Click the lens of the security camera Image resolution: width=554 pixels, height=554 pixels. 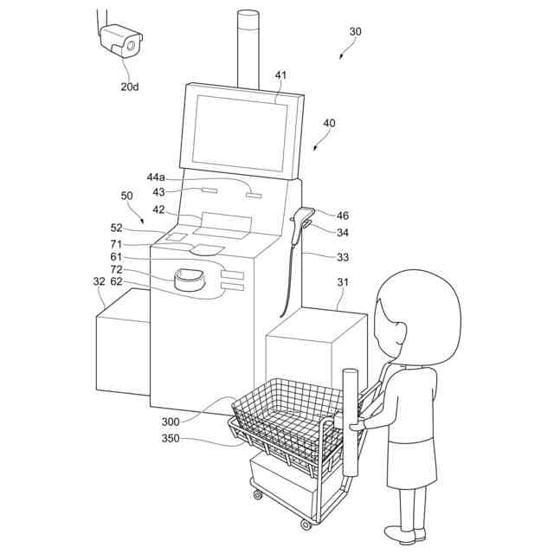(131, 45)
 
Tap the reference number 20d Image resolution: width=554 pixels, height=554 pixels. (130, 87)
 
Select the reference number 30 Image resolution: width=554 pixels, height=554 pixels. (356, 32)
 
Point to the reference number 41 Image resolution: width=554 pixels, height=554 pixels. (280, 75)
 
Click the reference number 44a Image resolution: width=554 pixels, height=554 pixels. (156, 177)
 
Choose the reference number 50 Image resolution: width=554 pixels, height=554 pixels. (126, 196)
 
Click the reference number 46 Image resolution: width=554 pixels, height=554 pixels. (343, 216)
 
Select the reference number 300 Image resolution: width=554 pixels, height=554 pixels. (171, 422)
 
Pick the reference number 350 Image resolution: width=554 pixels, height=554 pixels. (171, 439)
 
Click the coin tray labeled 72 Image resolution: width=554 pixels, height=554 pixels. (190, 280)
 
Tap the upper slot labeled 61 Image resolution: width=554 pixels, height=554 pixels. (232, 274)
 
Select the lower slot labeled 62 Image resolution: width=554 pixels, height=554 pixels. (232, 287)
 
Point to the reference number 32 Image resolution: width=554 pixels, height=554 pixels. (100, 281)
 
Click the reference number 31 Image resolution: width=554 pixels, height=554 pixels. (343, 282)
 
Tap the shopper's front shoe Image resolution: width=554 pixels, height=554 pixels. (400, 534)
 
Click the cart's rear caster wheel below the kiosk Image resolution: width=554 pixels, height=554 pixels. (258, 494)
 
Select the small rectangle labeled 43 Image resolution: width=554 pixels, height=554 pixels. (209, 190)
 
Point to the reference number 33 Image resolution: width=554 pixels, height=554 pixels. (343, 257)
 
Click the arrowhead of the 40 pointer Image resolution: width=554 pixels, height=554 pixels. (315, 148)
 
